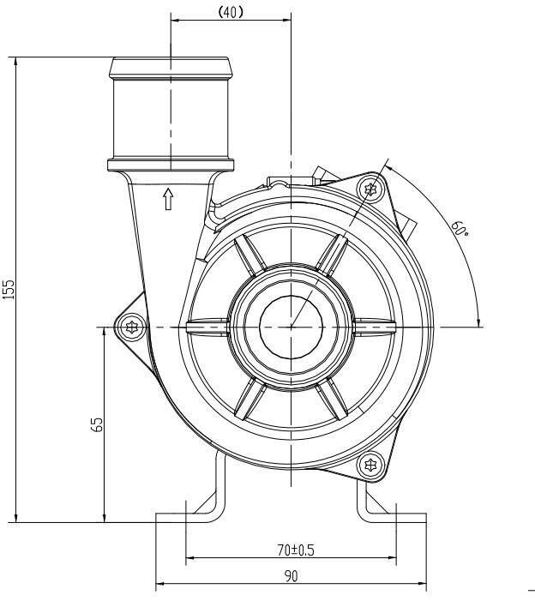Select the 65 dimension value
(x=98, y=424)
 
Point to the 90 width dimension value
(x=292, y=577)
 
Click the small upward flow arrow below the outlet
(x=169, y=199)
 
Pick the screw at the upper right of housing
(x=370, y=188)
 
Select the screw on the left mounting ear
(x=130, y=327)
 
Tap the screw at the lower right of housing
(x=370, y=465)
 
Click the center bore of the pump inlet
(x=292, y=327)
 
